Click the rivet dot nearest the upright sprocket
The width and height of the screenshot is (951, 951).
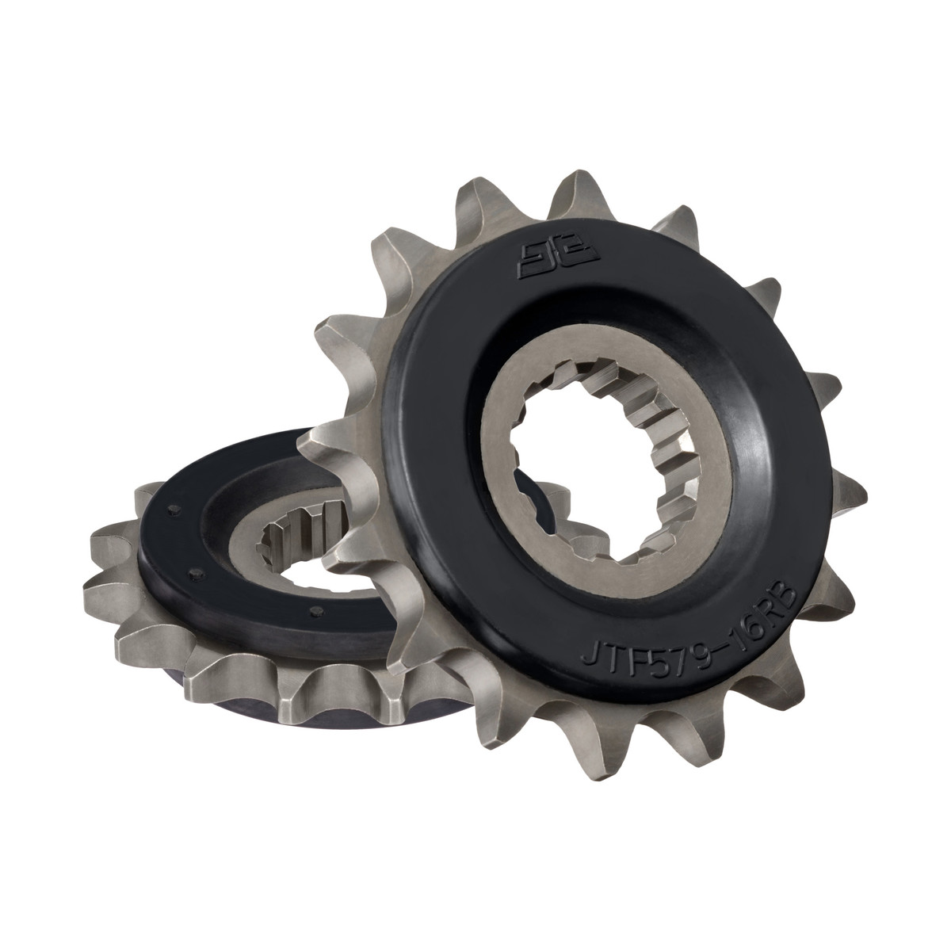(x=315, y=611)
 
